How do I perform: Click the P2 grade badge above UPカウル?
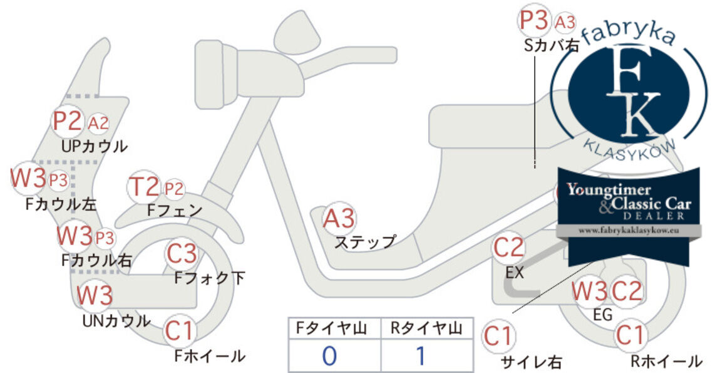tap(68, 121)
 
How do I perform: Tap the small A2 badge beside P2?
tap(98, 123)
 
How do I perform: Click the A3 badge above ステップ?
tap(339, 218)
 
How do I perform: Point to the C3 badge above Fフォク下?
tap(182, 253)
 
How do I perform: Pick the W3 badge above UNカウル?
tap(95, 295)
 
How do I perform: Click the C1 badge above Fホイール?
tap(178, 331)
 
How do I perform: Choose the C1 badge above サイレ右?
tap(498, 336)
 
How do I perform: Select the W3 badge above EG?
tap(590, 291)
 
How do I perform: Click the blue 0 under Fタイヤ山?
tap(330, 355)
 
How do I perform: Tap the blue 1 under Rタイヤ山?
tap(420, 355)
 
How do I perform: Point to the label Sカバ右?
tap(551, 45)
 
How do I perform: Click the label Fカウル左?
tap(61, 204)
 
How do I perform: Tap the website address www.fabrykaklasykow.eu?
tap(629, 231)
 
